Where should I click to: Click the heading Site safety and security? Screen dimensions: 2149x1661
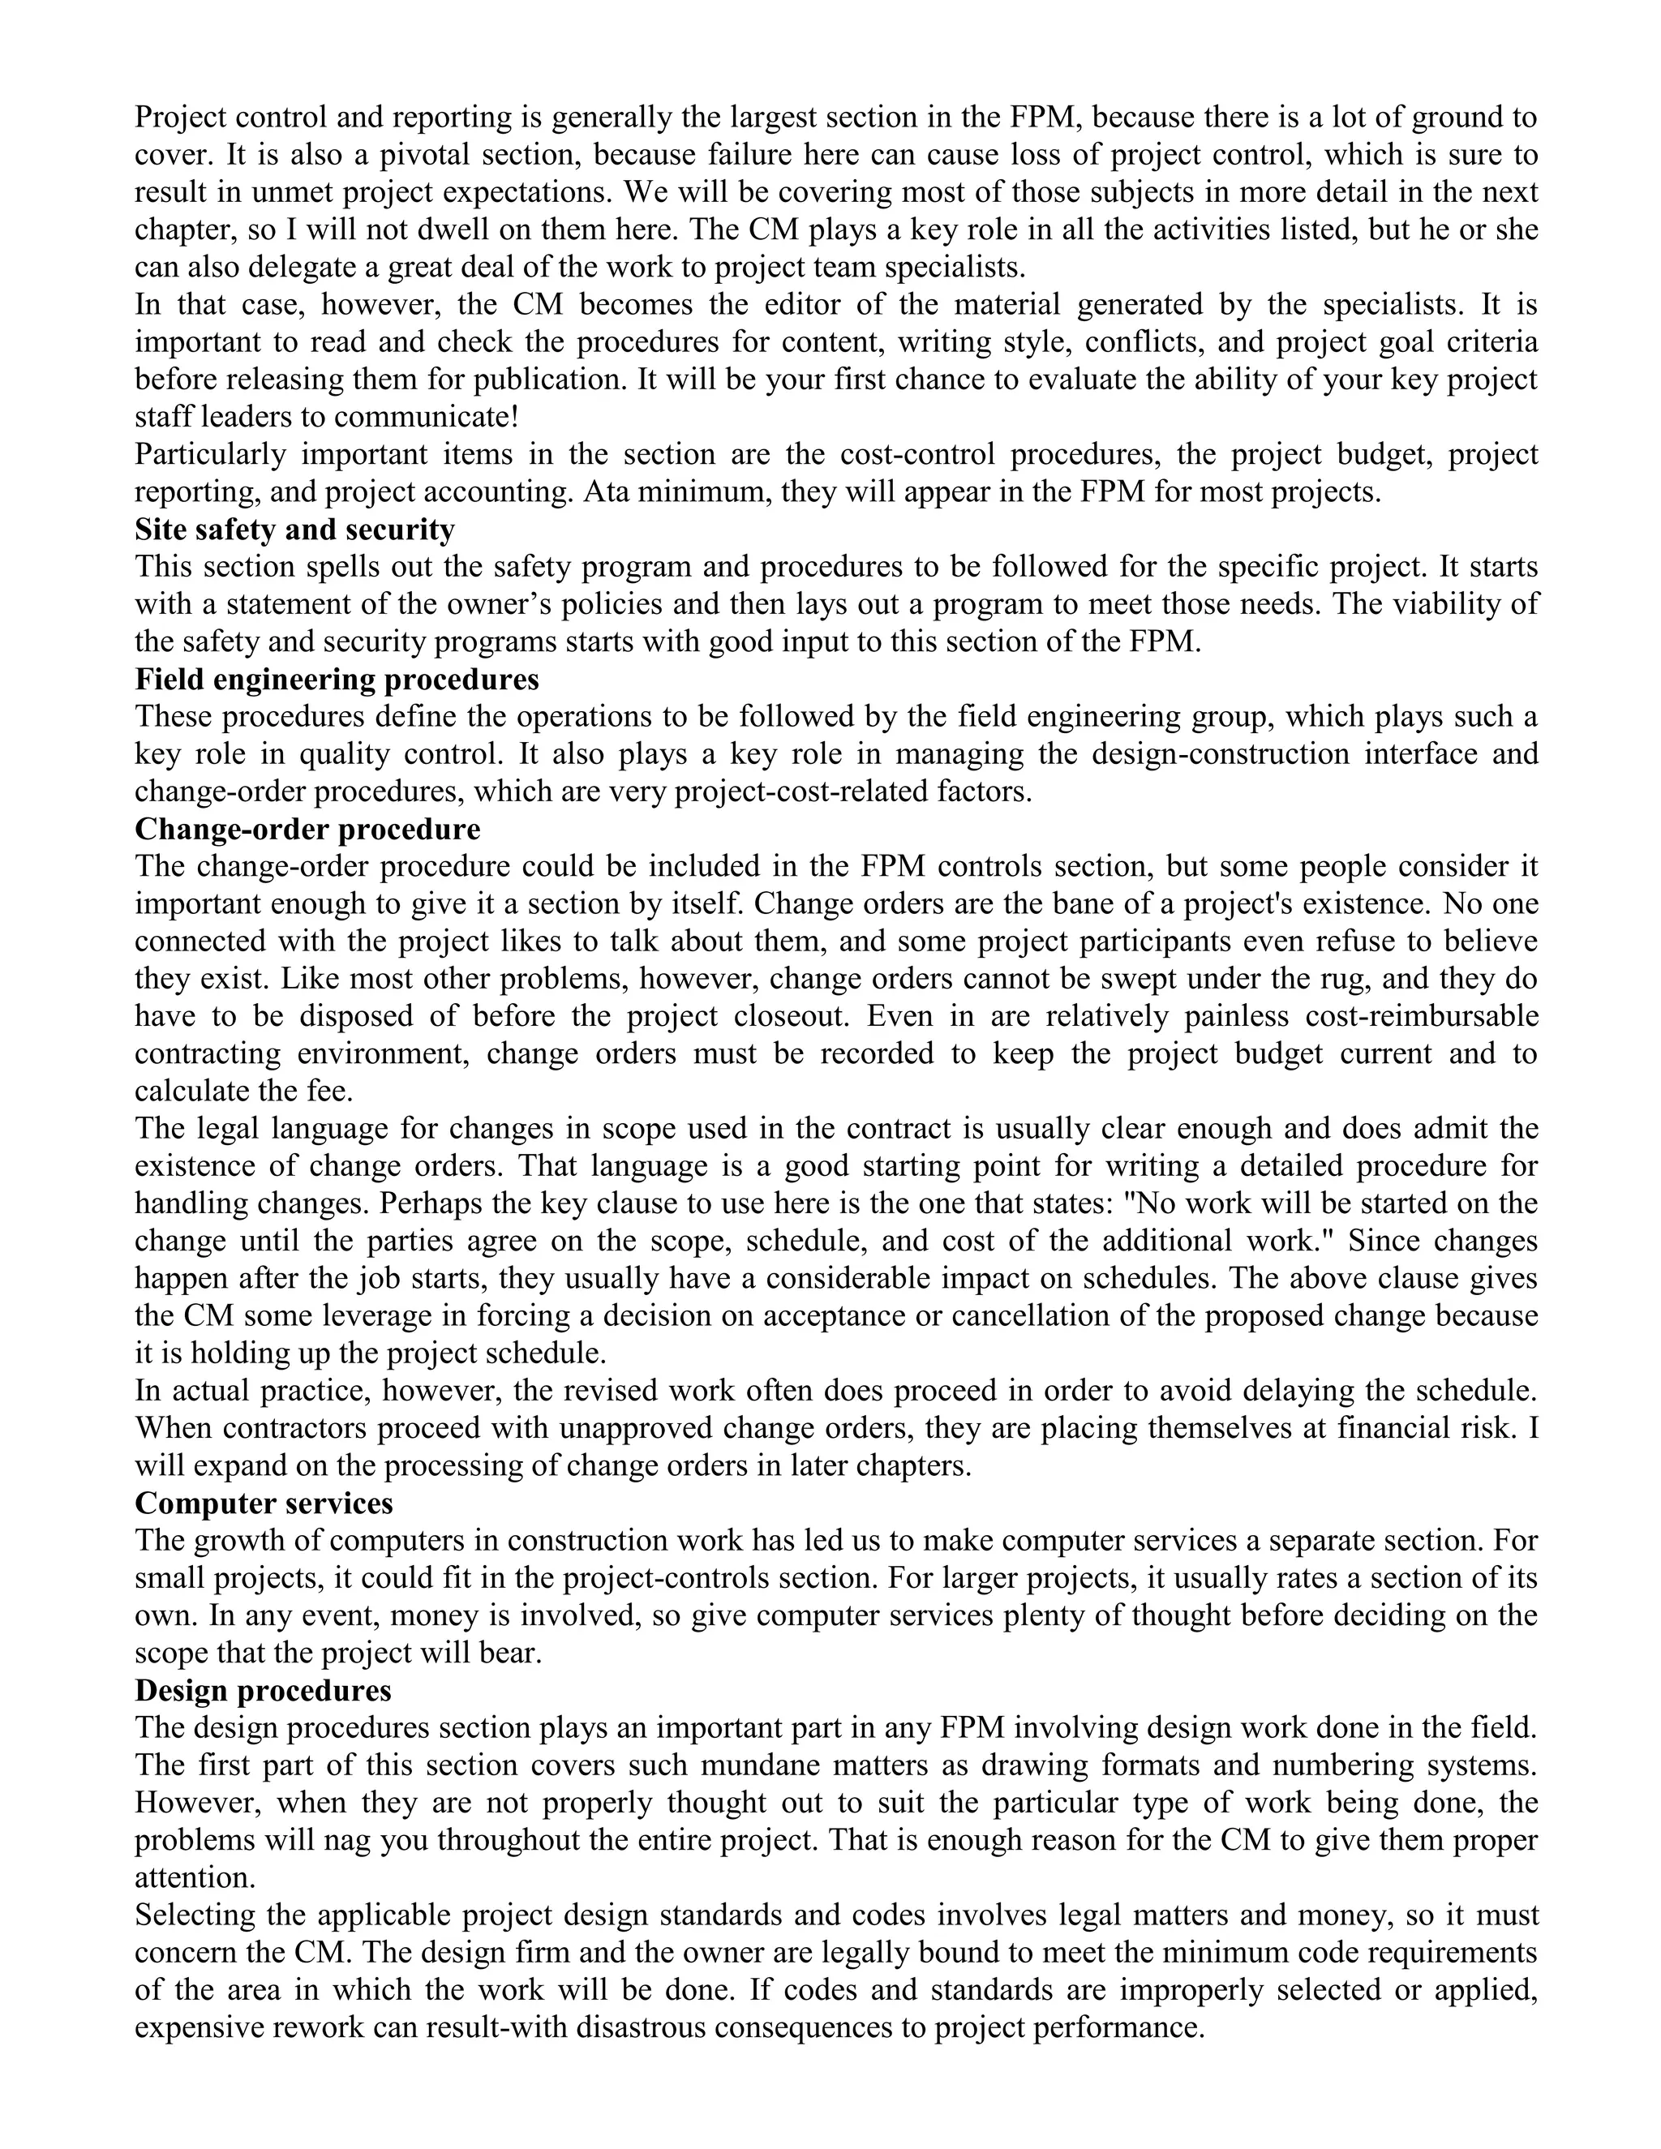click(x=294, y=530)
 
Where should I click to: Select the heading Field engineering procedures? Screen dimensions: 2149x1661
click(x=337, y=679)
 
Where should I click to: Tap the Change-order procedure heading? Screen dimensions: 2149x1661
click(x=307, y=829)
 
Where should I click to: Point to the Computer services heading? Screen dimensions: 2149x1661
click(x=264, y=1503)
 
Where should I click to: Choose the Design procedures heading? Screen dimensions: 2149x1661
click(x=263, y=1689)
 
